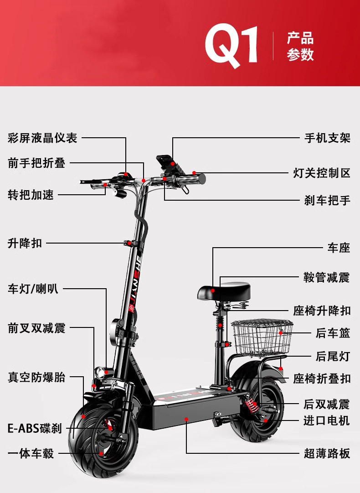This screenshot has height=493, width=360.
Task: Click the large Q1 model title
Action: click(x=231, y=46)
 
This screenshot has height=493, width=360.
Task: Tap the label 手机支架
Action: click(x=327, y=138)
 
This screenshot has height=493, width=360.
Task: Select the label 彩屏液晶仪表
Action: click(x=42, y=138)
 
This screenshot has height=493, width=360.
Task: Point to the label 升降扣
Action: click(x=25, y=243)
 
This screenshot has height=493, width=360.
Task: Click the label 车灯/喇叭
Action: click(x=33, y=289)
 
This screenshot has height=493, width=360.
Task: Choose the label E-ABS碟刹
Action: click(x=35, y=428)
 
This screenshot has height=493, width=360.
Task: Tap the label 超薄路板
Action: click(x=327, y=453)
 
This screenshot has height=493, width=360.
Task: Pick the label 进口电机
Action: click(x=327, y=420)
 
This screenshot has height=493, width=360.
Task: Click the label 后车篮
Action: click(x=333, y=333)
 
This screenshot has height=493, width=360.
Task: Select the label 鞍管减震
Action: click(x=327, y=278)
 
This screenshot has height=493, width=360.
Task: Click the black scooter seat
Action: click(x=224, y=291)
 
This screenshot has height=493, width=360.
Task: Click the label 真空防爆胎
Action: click(x=36, y=377)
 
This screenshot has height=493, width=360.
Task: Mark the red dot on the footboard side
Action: click(x=186, y=419)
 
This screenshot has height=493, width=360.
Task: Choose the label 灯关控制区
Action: click(x=321, y=173)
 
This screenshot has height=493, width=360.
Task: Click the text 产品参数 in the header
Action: click(x=300, y=47)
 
